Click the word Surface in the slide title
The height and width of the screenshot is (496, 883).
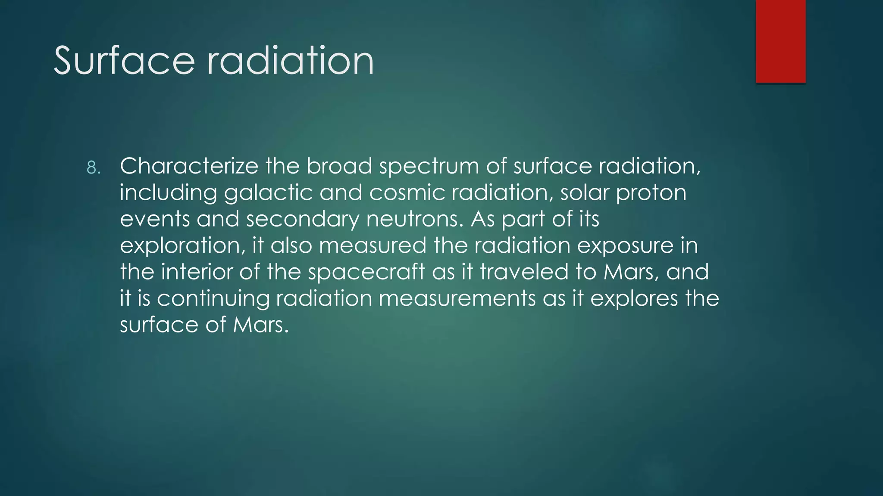[124, 61]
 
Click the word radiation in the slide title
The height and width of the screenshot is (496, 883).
[290, 61]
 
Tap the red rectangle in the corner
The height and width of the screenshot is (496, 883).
[780, 41]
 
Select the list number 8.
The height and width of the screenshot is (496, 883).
[93, 167]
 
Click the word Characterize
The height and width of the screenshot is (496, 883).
[189, 166]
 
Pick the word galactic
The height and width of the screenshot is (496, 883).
[268, 193]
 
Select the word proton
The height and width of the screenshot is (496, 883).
[651, 193]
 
